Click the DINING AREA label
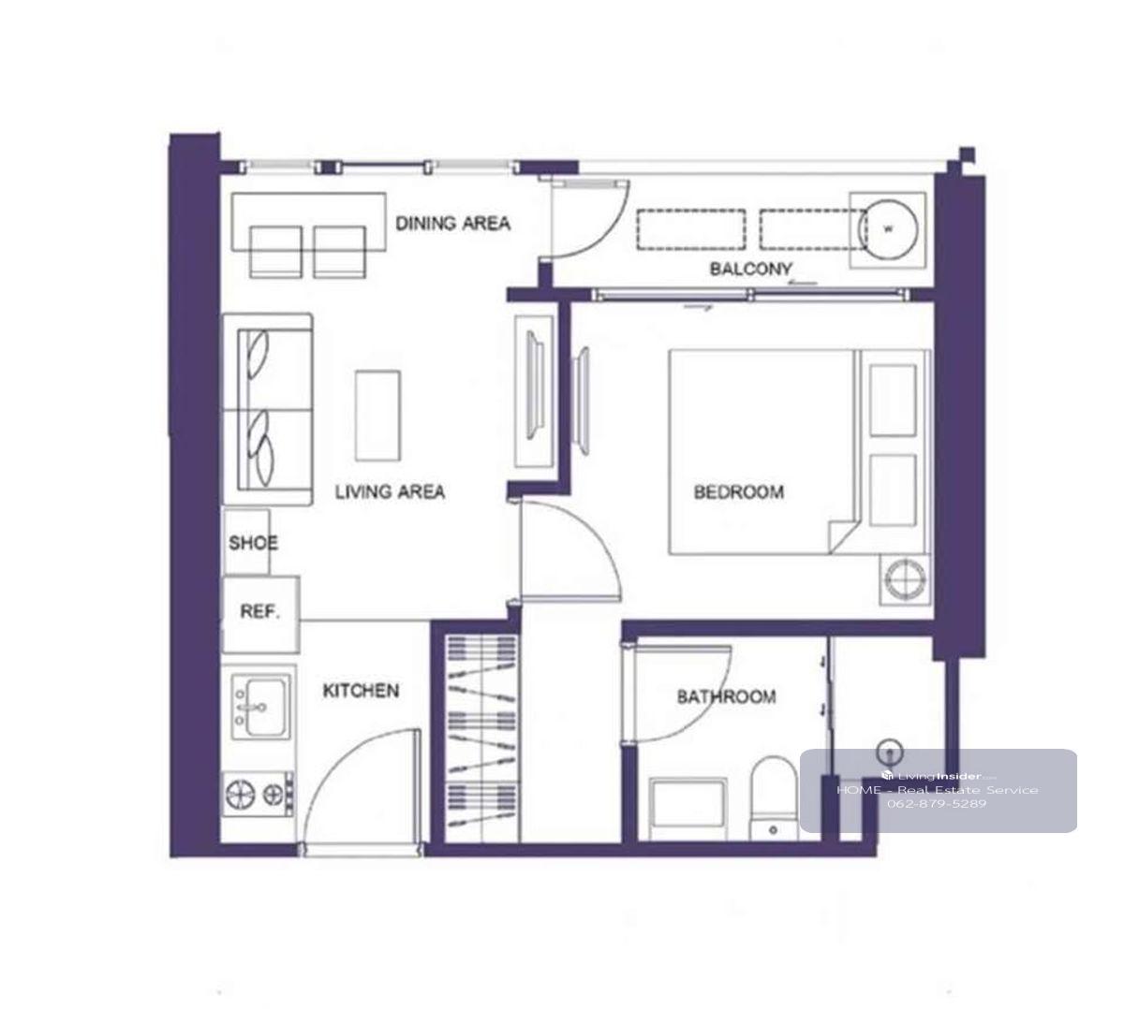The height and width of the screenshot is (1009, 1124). [x=452, y=223]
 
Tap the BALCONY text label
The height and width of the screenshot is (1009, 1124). [x=750, y=269]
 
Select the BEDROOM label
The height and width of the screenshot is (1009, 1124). [x=738, y=491]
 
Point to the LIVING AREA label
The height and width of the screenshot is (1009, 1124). [x=390, y=491]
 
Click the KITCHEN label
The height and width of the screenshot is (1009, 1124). [x=361, y=690]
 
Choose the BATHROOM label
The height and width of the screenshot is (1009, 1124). [x=726, y=696]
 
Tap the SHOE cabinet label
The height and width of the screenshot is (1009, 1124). [x=253, y=543]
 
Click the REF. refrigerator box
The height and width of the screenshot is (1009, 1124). [x=260, y=614]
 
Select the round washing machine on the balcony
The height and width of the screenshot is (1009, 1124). [x=888, y=230]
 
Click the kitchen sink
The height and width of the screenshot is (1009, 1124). [x=260, y=707]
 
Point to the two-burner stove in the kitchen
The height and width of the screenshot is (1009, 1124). [x=259, y=795]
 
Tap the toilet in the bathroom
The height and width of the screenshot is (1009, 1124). [x=773, y=797]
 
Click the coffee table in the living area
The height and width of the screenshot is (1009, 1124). [x=377, y=416]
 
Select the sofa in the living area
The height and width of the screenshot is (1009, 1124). [x=267, y=410]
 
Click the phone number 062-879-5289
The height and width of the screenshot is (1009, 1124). [x=937, y=803]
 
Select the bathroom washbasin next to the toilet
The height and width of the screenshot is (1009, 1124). [x=688, y=809]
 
